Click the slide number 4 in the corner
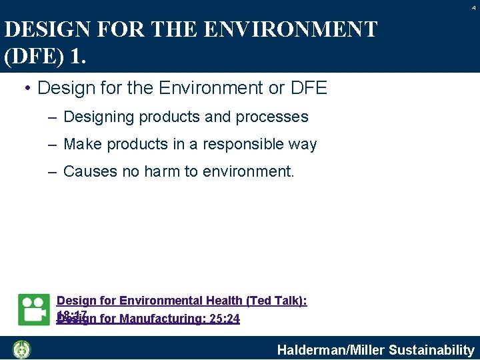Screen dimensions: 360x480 click(x=474, y=7)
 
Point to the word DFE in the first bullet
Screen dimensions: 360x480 click(x=308, y=88)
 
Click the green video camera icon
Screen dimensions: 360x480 click(x=34, y=309)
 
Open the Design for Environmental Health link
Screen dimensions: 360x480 click(x=153, y=301)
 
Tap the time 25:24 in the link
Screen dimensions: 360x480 click(x=225, y=319)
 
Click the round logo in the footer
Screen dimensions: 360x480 click(x=22, y=349)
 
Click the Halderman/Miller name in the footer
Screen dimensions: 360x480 click(x=331, y=350)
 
